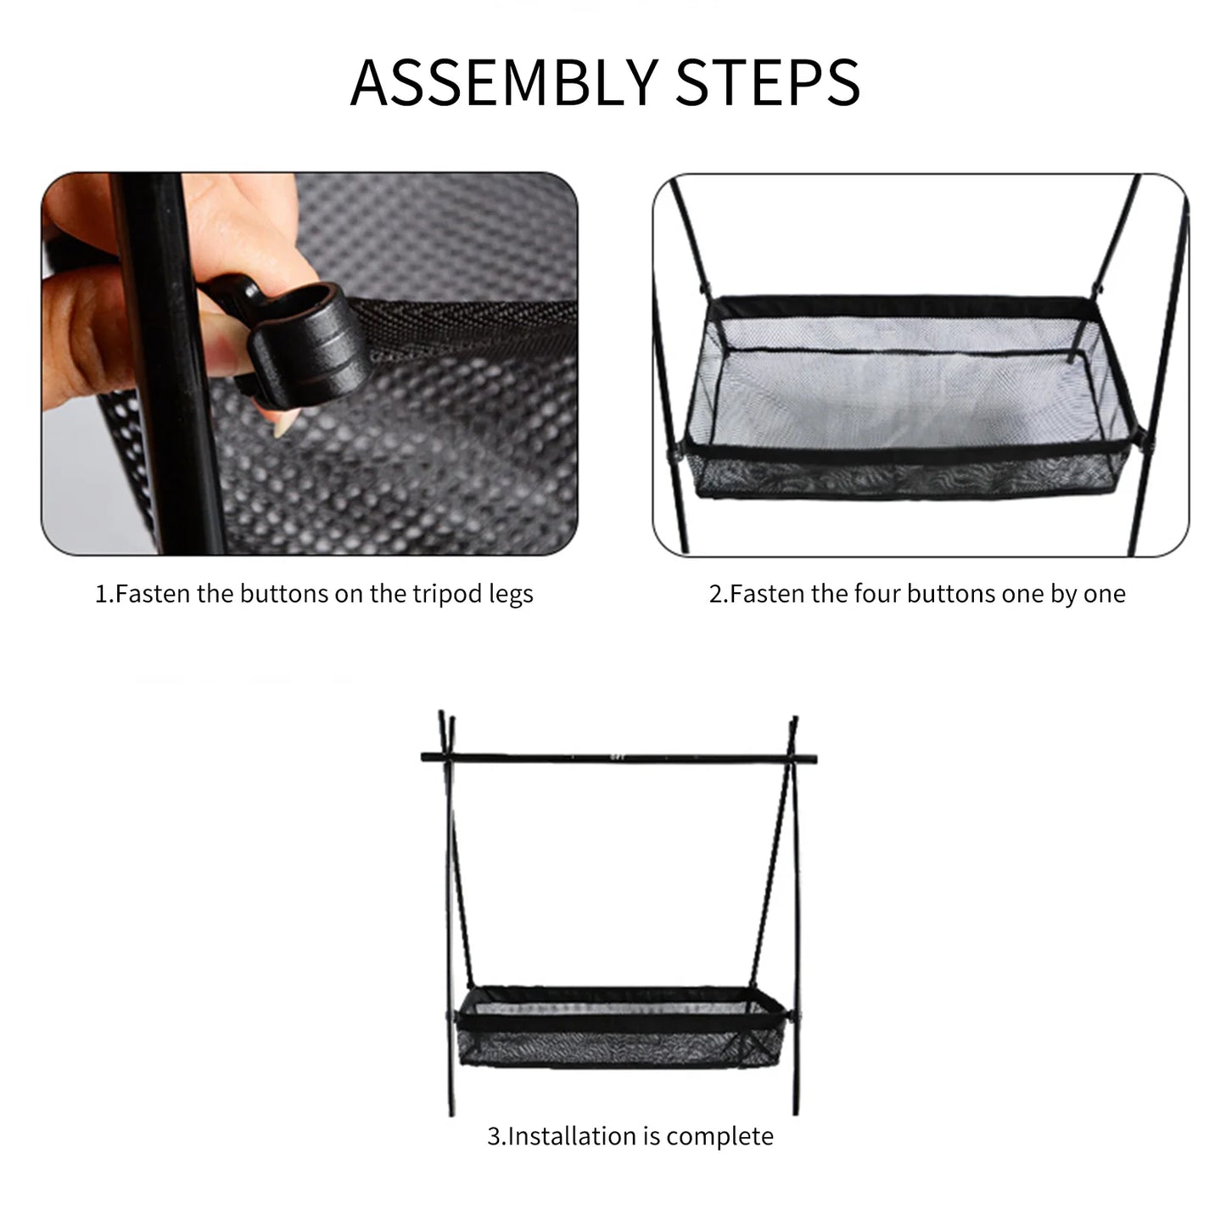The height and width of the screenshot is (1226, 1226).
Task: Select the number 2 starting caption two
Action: point(714,593)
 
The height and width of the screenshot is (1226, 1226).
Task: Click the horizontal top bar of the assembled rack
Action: point(619,756)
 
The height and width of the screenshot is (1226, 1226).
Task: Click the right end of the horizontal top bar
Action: point(813,756)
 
